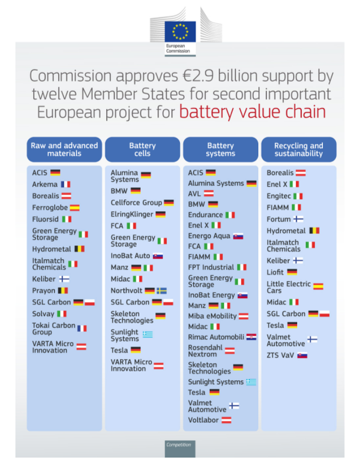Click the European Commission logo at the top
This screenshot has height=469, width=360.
pyautogui.click(x=180, y=34)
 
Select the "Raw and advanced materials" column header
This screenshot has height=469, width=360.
pyautogui.click(x=65, y=149)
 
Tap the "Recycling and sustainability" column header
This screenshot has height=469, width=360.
pyautogui.click(x=298, y=149)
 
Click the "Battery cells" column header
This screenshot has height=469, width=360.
pyautogui.click(x=142, y=149)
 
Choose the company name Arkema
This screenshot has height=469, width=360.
pyautogui.click(x=45, y=184)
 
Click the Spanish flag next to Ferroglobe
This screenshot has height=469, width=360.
pyautogui.click(x=74, y=208)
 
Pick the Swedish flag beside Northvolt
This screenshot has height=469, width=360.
pyautogui.click(x=161, y=290)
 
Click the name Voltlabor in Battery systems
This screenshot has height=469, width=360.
pyautogui.click(x=203, y=420)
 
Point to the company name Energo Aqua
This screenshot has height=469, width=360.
pyautogui.click(x=209, y=236)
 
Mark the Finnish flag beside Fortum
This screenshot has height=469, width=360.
pyautogui.click(x=298, y=219)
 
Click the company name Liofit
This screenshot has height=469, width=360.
pyautogui.click(x=277, y=272)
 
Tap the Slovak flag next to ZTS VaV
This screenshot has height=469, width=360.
pyautogui.click(x=302, y=355)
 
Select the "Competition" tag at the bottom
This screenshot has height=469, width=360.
pyautogui.click(x=179, y=444)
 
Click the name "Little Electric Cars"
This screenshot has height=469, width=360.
pyautogui.click(x=289, y=287)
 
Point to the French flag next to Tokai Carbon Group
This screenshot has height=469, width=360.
pyautogui.click(x=82, y=328)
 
